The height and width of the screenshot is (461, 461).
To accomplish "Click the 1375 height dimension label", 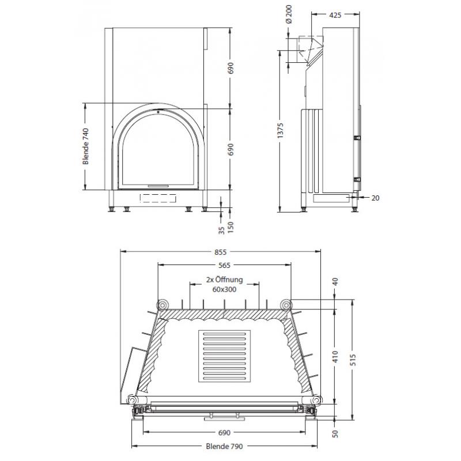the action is click(280, 131).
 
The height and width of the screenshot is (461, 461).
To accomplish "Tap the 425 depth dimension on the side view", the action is click(335, 15).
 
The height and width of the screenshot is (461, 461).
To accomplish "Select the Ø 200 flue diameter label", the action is click(289, 14).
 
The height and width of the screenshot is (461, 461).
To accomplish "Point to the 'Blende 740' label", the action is click(85, 146).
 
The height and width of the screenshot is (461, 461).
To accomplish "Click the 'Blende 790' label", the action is click(224, 446).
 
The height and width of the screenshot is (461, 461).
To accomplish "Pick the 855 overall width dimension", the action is click(221, 252).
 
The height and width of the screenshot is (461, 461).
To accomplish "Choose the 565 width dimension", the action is click(224, 265).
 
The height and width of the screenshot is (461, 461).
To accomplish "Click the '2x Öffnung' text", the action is click(225, 279).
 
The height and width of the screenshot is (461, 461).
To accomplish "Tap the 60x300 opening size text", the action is click(224, 290).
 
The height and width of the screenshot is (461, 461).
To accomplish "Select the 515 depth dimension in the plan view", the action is click(353, 360).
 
